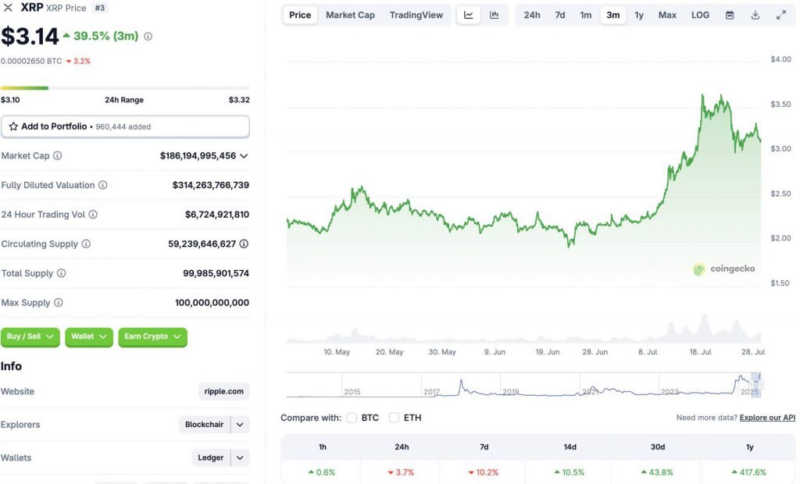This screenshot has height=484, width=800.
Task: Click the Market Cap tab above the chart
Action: (x=350, y=15)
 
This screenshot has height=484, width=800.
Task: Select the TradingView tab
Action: (x=416, y=15)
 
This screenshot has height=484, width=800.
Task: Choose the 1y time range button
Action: (x=639, y=15)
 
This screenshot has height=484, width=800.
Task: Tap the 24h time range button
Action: (x=532, y=15)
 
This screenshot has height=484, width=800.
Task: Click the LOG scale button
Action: (x=700, y=15)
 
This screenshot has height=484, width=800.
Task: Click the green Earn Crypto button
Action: (x=152, y=336)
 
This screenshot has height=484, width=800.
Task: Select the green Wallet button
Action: (x=89, y=336)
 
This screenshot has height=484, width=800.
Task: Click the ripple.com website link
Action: (x=224, y=391)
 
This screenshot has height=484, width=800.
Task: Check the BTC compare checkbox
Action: (x=352, y=418)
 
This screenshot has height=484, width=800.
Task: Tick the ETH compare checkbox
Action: (x=394, y=418)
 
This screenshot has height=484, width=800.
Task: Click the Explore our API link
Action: (x=767, y=418)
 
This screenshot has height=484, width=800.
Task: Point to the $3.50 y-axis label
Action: (x=780, y=104)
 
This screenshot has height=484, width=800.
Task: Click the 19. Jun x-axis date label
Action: (x=547, y=352)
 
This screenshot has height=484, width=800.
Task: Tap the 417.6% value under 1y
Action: (x=749, y=472)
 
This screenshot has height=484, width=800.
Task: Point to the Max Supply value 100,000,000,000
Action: (x=212, y=303)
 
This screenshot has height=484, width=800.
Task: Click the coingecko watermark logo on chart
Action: (x=724, y=269)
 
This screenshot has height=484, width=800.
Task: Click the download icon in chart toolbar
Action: (x=755, y=15)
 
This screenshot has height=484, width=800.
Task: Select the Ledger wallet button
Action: (x=211, y=457)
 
